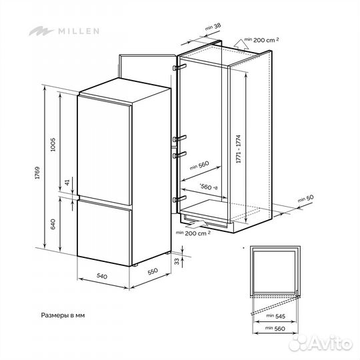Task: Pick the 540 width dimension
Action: [x=101, y=275]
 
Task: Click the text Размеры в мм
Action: [x=63, y=313]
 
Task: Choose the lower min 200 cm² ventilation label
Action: [x=194, y=233]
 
